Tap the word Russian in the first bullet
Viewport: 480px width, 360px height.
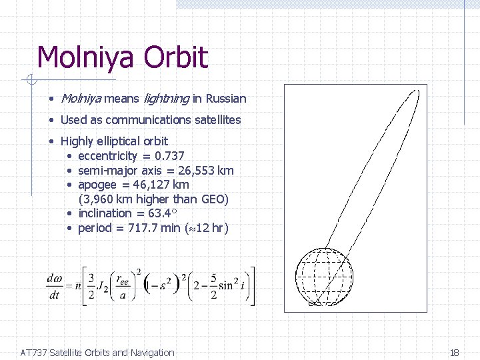pos(226,99)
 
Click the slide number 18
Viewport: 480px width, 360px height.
pos(455,352)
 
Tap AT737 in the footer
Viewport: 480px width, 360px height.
pos(34,352)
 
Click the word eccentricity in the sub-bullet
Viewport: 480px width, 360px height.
pos(107,155)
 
